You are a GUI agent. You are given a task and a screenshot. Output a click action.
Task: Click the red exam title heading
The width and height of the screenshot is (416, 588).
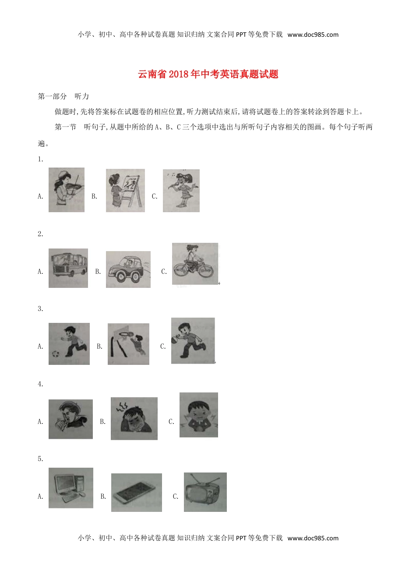[x=208, y=74]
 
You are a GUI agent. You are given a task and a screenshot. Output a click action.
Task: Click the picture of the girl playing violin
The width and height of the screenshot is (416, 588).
[x=67, y=190]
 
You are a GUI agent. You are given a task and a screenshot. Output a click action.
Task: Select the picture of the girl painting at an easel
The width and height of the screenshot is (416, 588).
[x=125, y=191]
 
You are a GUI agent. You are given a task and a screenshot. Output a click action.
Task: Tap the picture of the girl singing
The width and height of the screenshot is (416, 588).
[x=181, y=191]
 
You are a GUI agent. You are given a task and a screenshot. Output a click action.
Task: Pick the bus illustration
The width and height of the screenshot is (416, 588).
[x=68, y=268]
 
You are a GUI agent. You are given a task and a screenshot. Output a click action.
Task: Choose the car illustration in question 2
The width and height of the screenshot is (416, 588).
[x=128, y=269]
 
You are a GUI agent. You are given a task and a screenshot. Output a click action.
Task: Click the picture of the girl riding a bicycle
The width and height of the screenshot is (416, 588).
[x=195, y=264]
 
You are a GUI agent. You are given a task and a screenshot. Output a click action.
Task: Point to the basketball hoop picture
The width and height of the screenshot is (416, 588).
[x=128, y=344]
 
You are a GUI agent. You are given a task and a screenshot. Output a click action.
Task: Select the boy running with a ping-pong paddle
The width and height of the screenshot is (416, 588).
[x=193, y=341]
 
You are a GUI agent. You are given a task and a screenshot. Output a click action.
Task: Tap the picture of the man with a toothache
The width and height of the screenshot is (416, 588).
[x=71, y=419]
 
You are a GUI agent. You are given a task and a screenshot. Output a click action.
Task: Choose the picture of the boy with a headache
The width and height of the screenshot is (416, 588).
[x=134, y=419]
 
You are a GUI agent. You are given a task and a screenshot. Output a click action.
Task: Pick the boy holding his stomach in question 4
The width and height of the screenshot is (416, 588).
[x=199, y=415]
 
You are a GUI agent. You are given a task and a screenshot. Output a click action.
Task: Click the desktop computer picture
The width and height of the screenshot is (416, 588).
[x=71, y=488]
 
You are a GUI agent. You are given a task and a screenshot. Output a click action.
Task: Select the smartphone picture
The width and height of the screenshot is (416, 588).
[x=137, y=493]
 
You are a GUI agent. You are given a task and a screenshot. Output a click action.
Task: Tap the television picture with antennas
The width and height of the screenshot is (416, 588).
[x=205, y=492]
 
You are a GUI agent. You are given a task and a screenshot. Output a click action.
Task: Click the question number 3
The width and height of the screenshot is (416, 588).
[x=40, y=309]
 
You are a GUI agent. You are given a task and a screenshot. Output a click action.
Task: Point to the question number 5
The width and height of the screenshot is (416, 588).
[x=40, y=459]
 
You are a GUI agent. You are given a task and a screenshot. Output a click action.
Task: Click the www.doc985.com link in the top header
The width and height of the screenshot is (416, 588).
[x=313, y=35]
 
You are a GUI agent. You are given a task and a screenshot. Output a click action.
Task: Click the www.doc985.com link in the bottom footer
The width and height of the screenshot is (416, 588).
[x=313, y=538]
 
